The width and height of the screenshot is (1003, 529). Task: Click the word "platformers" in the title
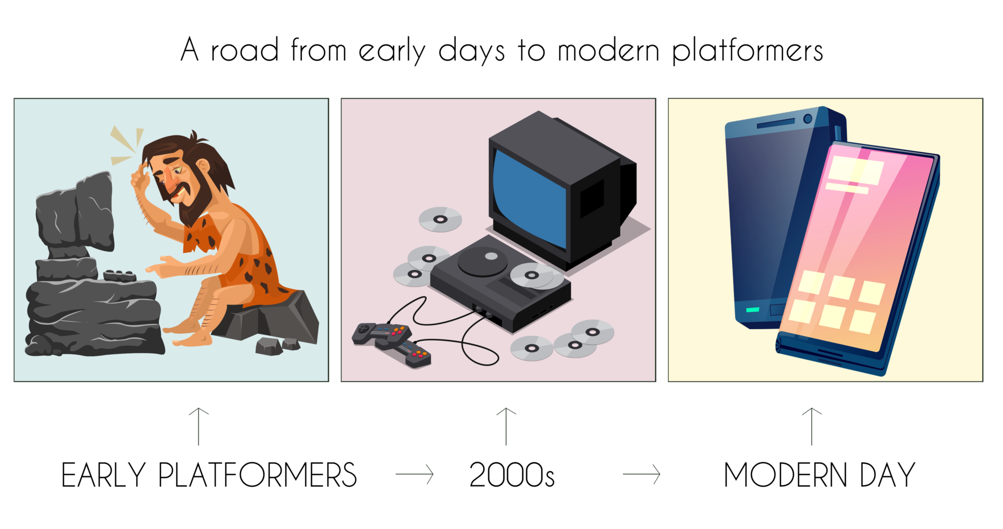747,51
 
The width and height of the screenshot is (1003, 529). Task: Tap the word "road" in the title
245,50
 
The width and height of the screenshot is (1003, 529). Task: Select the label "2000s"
512,475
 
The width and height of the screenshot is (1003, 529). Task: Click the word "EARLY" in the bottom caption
103,475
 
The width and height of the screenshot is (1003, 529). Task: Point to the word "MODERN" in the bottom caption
786,475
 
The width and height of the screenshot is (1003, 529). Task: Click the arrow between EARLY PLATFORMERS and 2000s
415,474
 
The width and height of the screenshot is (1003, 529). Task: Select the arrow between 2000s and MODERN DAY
642,474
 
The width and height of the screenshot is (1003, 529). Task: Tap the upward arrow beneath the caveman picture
198,426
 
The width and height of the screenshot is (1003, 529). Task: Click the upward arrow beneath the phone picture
812,426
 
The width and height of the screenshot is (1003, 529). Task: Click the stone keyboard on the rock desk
119,275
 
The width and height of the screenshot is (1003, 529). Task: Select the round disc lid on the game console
482,260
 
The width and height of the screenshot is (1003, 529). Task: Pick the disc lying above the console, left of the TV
440,219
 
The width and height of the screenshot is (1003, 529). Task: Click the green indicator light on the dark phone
752,310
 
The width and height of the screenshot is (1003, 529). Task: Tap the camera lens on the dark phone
808,119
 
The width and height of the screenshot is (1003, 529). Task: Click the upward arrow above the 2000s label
506,426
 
